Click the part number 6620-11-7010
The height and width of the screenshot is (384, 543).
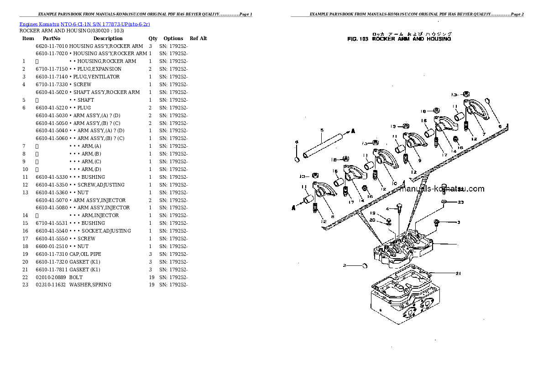tap(52, 46)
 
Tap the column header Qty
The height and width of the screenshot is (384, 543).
tap(153, 38)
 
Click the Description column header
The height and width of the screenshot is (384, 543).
tap(108, 38)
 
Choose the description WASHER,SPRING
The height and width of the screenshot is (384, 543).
tap(90, 285)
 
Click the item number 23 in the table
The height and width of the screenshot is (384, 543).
tap(25, 285)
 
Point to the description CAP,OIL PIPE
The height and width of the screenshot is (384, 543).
tap(85, 254)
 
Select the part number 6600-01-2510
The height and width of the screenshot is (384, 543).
tap(52, 246)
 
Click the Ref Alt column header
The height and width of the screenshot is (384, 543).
tap(198, 38)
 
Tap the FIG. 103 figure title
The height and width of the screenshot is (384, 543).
tap(399, 39)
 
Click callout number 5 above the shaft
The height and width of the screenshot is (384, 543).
tap(322, 130)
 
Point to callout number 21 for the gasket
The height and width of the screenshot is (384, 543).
tap(458, 274)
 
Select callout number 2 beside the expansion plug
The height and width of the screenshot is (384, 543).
tap(345, 265)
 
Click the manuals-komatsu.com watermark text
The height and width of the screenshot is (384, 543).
tap(441, 189)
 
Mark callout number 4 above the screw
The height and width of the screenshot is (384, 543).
tap(387, 209)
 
